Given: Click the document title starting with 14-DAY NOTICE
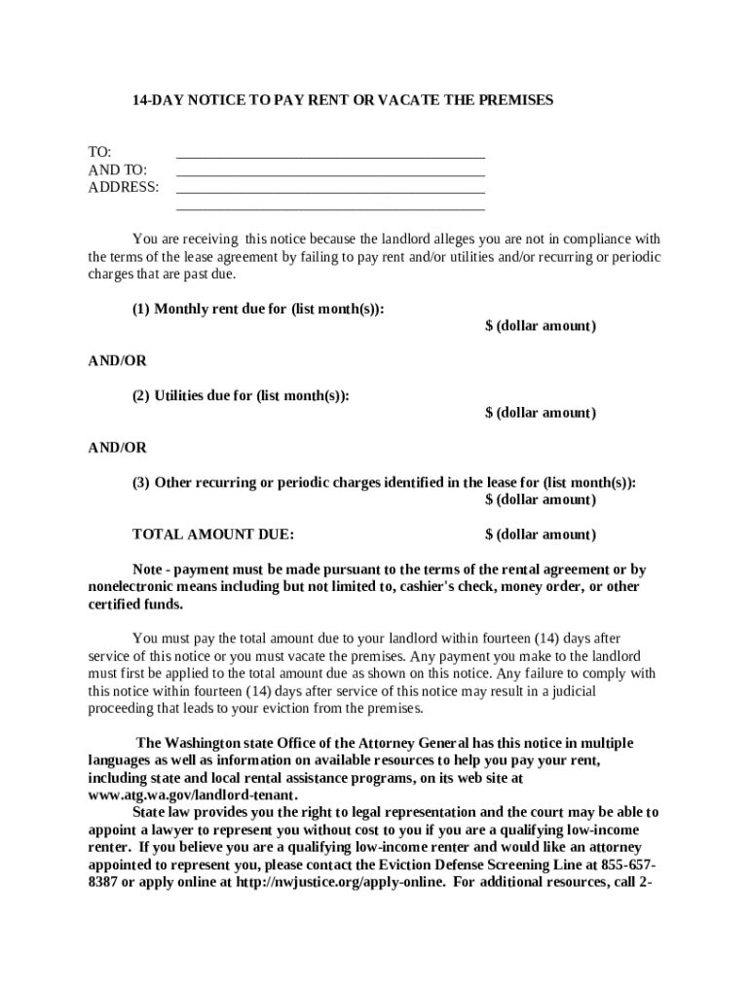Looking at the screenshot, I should (343, 100).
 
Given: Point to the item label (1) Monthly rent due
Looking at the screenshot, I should (258, 309).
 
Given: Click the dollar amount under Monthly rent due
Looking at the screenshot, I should (541, 326).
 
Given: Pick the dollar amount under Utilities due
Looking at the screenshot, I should (541, 413).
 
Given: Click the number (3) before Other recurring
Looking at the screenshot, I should (141, 482).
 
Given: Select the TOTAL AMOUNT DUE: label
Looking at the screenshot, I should (213, 535).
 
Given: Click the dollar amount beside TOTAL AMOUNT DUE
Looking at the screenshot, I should (541, 535).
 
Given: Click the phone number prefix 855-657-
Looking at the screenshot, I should (629, 866).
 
